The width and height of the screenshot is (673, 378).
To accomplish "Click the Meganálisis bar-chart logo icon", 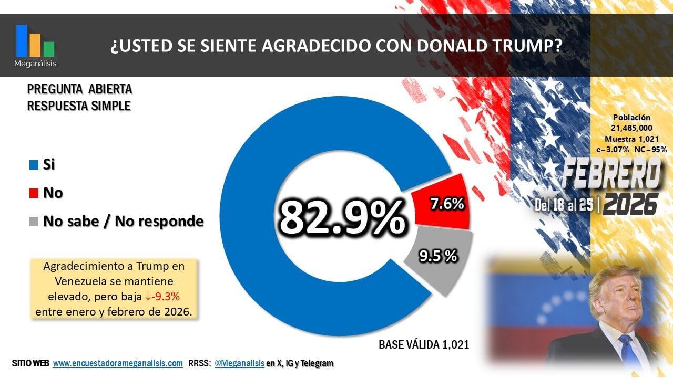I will coord(35,41).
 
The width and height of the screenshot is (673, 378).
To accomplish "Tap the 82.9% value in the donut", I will coord(342,217).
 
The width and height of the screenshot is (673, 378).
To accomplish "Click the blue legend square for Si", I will coord(34,165).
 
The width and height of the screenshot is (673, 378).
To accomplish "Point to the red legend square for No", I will coord(34,193).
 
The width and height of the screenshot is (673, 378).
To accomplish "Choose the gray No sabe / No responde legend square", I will coord(34,222).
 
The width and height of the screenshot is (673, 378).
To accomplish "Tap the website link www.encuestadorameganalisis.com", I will coord(118,363).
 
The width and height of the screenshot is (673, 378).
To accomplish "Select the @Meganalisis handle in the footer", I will coord(239,363).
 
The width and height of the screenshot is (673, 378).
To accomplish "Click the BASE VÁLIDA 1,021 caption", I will coord(423,345).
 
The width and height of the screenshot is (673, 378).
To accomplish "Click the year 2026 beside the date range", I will coord(630,204).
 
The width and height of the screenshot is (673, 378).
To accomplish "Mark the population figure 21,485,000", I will coord(631,128).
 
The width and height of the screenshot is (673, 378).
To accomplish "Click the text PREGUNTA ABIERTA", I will coord(79,89).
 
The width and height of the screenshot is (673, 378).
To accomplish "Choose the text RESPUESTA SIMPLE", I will coord(79,106).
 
